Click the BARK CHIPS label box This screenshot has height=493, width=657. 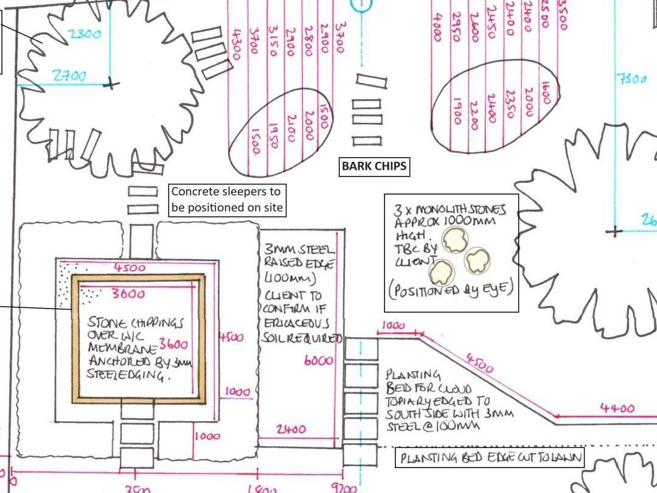pyautogui.click(x=374, y=166)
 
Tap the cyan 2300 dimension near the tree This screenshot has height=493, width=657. pyautogui.click(x=85, y=34)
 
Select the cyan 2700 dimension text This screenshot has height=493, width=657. pyautogui.click(x=69, y=76)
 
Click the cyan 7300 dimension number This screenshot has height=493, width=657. pyautogui.click(x=632, y=79)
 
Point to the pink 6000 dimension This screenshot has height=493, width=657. pyautogui.click(x=318, y=360)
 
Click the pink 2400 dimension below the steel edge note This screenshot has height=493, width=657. pyautogui.click(x=291, y=430)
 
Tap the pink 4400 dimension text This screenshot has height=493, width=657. pyautogui.click(x=617, y=408)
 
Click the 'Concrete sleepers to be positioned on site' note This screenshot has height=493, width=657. pyautogui.click(x=227, y=199)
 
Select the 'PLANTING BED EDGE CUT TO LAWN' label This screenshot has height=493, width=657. pyautogui.click(x=490, y=458)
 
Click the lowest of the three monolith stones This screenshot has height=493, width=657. pyautogui.click(x=442, y=271)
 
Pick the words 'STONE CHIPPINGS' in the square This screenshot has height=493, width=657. pyautogui.click(x=135, y=323)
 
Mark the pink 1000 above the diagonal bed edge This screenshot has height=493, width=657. pyautogui.click(x=394, y=326)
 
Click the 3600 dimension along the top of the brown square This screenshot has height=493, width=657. pyautogui.click(x=128, y=294)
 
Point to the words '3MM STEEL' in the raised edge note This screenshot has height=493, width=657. pyautogui.click(x=299, y=250)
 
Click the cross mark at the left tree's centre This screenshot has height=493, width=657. pyautogui.click(x=110, y=83)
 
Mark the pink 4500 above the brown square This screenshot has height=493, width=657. pyautogui.click(x=130, y=268)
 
